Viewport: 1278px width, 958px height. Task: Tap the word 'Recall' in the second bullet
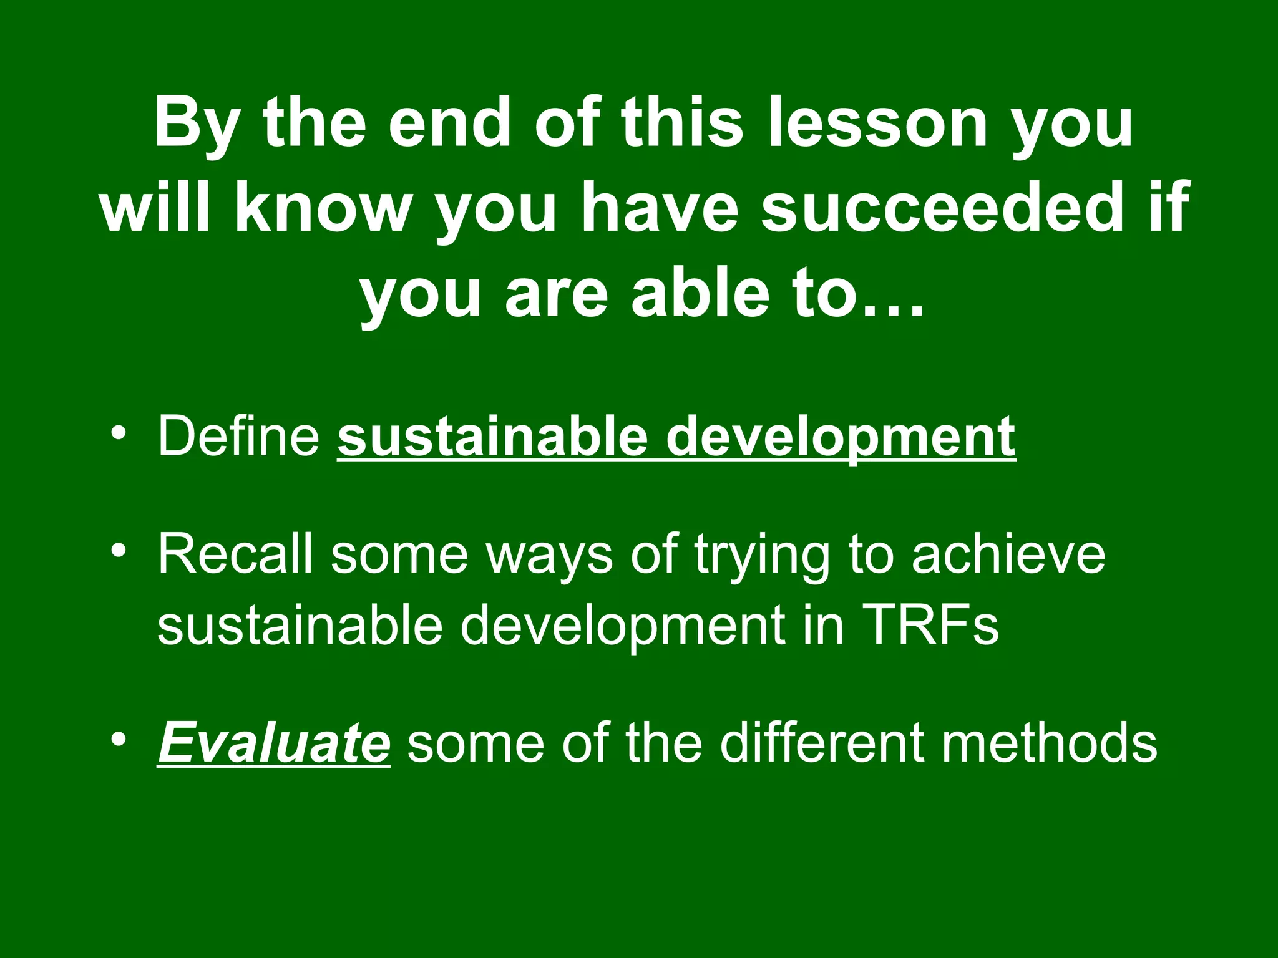235,554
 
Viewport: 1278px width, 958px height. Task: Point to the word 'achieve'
1008,554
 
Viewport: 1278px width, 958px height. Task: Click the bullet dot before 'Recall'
119,550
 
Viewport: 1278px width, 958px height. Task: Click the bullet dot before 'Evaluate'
119,739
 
